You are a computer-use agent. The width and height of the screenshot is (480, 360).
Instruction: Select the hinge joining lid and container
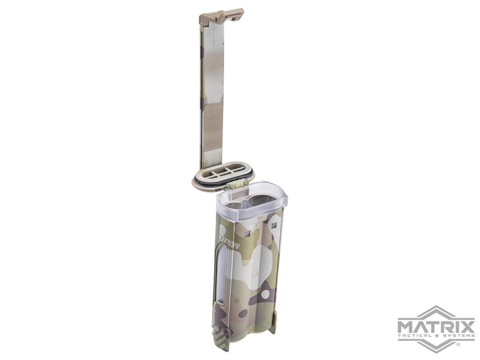[x=235, y=185]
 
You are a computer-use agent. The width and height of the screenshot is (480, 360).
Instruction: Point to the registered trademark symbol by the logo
[x=458, y=344]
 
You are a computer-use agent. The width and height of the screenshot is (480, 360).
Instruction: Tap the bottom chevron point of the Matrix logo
[x=436, y=351]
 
